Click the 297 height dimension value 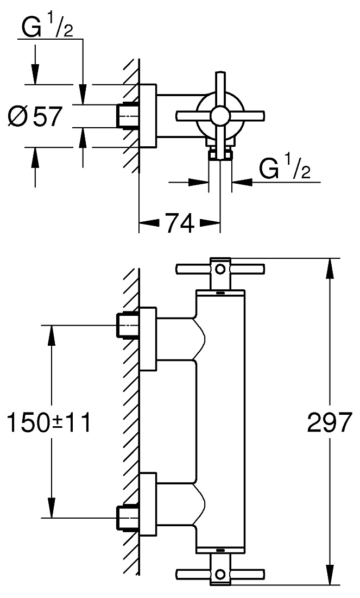(x=329, y=422)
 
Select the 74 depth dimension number (x=179, y=223)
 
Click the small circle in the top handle (x=220, y=269)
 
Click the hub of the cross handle (x=219, y=116)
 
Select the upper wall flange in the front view (x=148, y=338)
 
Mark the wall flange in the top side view (x=148, y=115)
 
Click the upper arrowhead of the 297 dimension (x=330, y=270)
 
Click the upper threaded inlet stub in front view (x=127, y=325)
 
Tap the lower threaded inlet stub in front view (x=127, y=518)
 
